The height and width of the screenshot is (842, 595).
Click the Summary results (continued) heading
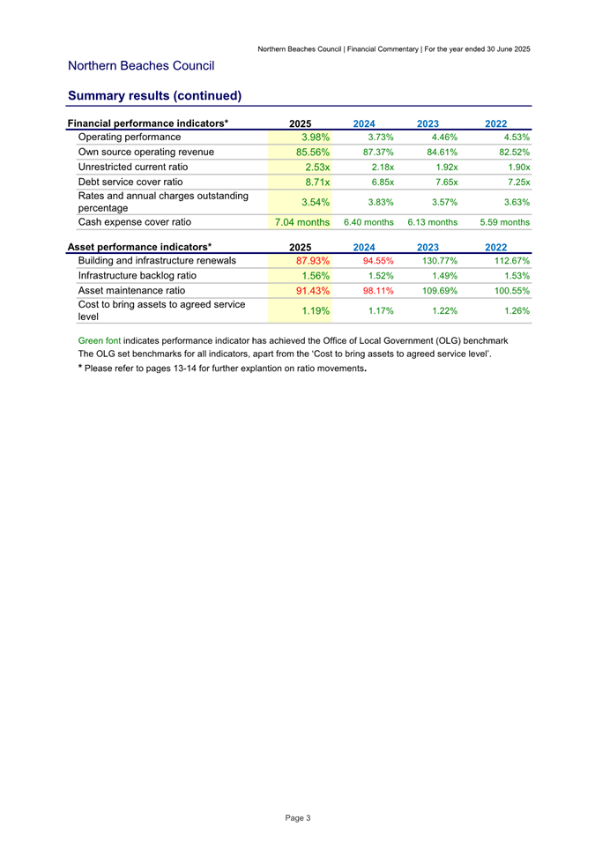tap(154, 95)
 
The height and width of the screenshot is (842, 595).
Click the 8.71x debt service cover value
tap(316, 182)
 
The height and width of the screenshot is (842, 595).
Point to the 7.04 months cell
tap(302, 222)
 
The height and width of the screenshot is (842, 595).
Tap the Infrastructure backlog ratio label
tap(137, 275)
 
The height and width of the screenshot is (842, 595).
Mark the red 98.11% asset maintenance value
tap(374, 290)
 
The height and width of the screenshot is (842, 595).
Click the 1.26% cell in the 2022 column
tap(515, 310)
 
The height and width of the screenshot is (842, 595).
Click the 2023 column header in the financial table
tap(429, 123)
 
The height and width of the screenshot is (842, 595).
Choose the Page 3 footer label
tap(298, 818)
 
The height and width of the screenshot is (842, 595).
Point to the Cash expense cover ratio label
tap(135, 222)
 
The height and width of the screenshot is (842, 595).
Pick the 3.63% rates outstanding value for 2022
tap(515, 202)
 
